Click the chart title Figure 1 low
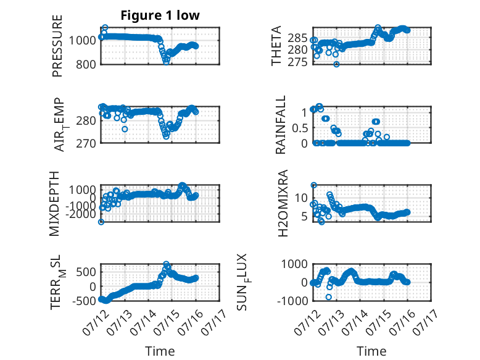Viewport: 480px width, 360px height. coord(160,15)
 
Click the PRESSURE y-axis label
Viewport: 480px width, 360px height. coord(57,46)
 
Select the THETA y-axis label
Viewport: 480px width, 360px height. coord(276,46)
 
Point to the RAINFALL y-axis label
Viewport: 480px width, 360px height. coord(280,125)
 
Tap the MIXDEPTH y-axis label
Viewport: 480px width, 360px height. coord(54,203)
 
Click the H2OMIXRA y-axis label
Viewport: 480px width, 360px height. coord(283,203)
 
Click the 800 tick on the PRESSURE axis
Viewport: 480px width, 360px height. coord(86,65)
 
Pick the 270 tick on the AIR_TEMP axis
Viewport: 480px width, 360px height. coord(86,143)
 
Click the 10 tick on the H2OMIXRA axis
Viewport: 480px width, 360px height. coord(301,198)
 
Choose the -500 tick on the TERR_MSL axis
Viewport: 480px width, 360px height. coord(84,301)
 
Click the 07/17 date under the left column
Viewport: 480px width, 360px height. coord(215,322)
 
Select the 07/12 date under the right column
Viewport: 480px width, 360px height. coord(307,322)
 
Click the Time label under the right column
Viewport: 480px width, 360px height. coord(372,351)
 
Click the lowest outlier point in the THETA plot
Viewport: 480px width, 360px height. coord(336,64)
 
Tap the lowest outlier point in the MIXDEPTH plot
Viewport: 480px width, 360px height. coord(101,222)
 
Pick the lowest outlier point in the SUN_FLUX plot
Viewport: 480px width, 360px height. coord(329,297)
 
